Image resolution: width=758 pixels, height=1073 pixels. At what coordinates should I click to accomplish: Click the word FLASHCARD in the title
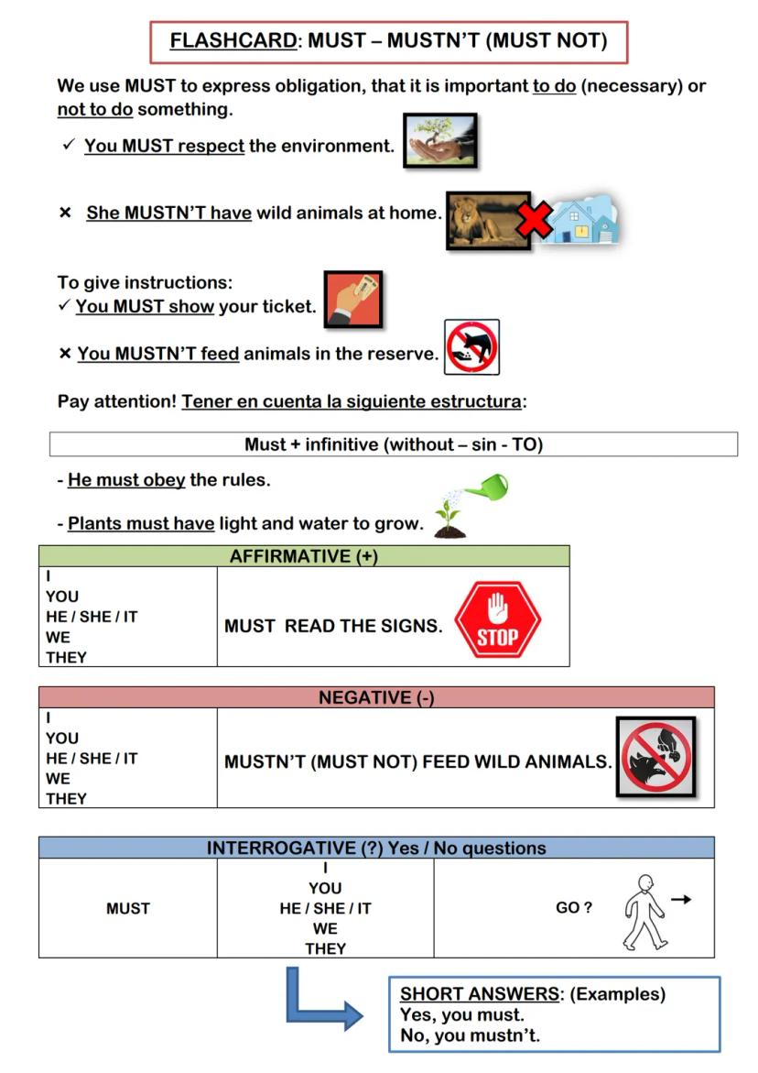233,40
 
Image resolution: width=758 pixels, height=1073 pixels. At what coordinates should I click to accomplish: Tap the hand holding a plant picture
439,140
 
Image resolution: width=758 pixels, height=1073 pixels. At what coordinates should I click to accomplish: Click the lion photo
486,220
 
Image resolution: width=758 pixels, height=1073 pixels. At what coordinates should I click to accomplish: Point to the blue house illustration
583,218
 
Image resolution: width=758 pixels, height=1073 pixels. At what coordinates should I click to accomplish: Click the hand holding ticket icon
352,299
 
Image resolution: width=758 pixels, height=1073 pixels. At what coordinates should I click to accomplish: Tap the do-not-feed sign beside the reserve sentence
471,347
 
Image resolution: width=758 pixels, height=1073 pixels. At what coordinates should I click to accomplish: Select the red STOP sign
497,620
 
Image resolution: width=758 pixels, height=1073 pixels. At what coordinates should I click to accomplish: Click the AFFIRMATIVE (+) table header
303,556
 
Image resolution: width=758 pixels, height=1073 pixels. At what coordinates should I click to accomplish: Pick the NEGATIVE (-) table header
376,697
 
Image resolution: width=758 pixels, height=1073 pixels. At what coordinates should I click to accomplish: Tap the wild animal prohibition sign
656,756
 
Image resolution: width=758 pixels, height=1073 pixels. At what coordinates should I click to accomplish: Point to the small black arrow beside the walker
681,900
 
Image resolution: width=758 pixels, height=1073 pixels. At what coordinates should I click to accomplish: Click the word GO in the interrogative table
567,907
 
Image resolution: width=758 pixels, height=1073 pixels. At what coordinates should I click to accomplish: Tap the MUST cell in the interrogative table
127,908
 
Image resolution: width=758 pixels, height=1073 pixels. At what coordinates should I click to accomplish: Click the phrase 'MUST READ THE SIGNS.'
333,626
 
